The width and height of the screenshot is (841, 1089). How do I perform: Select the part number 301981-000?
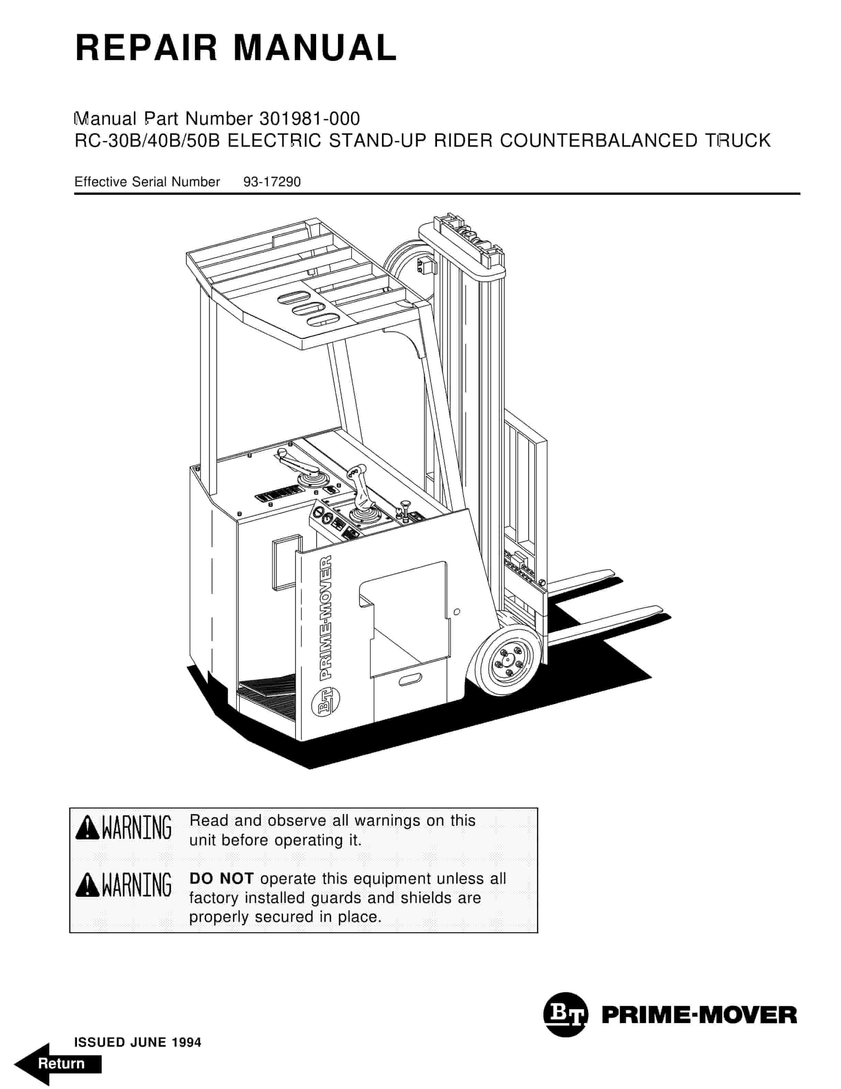(310, 119)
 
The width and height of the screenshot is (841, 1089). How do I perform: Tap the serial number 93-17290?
(271, 182)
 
